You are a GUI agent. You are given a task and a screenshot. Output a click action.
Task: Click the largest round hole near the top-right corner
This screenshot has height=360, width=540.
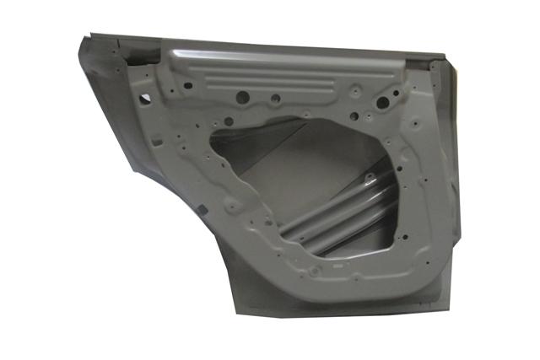click(x=382, y=103)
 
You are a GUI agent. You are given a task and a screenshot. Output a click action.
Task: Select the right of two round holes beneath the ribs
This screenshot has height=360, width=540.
click(x=274, y=99)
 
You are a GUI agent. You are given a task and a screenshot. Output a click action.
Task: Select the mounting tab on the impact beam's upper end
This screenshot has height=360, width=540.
click(x=370, y=180)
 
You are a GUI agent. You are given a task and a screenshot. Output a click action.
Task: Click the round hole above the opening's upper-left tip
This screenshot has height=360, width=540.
click(x=227, y=121)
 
